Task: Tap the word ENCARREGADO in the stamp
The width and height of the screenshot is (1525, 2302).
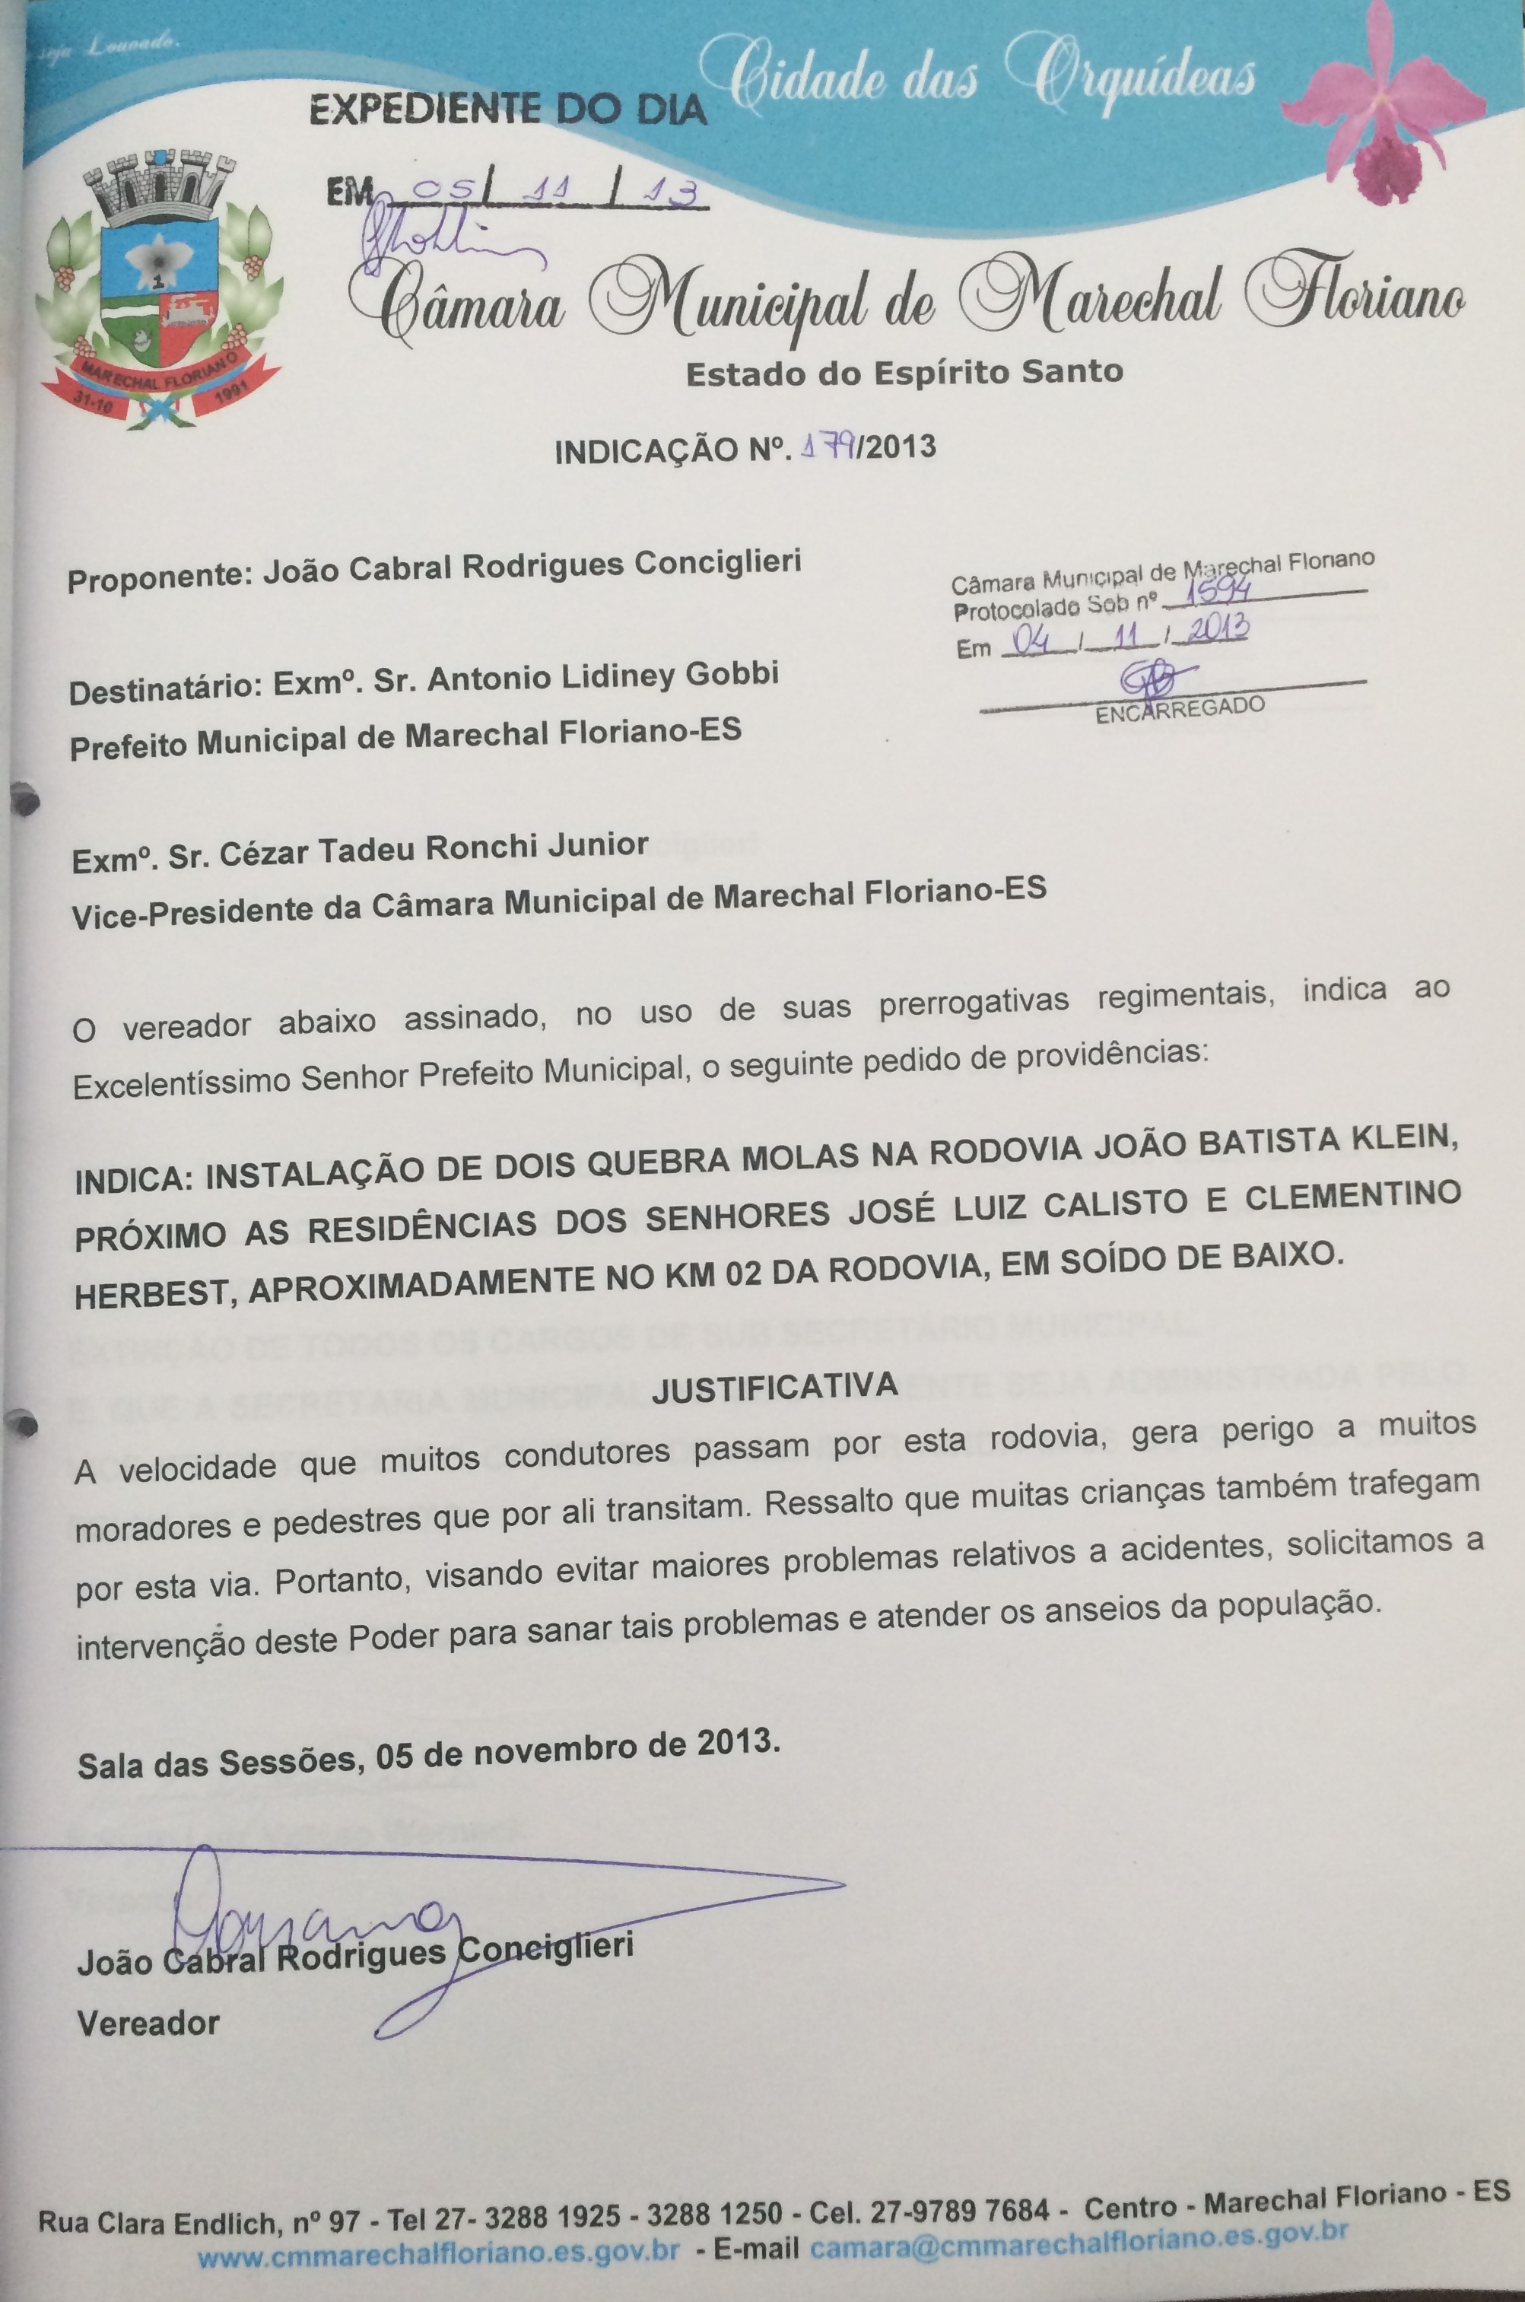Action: pos(1180,710)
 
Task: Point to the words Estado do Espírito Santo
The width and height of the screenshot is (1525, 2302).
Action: pos(904,373)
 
